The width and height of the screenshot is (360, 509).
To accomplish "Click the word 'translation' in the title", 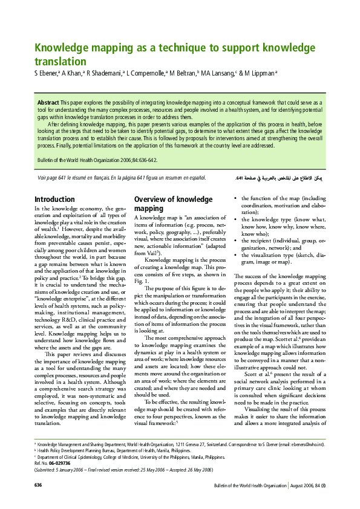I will [60, 61].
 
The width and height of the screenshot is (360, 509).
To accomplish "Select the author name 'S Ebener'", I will [46, 74].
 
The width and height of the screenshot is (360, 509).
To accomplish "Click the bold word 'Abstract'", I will [48, 103].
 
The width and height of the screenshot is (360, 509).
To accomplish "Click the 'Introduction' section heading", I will [54, 199].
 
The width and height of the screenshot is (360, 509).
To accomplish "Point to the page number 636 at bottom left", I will [38, 485].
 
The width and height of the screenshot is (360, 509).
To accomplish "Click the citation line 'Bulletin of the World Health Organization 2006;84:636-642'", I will [97, 160].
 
